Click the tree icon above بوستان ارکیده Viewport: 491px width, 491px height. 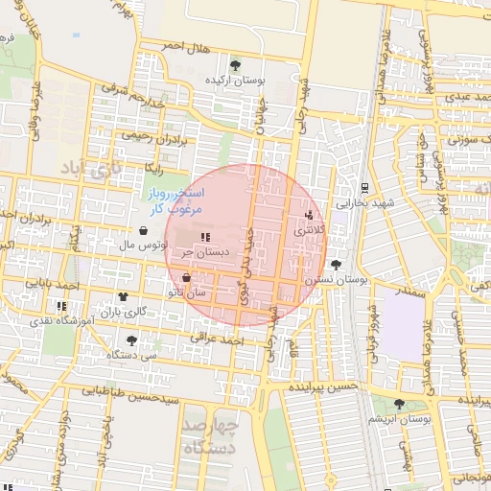[x=235, y=65]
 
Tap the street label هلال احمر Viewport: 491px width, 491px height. [x=186, y=46]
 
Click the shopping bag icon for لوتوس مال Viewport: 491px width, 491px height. [x=143, y=231]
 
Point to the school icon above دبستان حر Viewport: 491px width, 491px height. [x=203, y=237]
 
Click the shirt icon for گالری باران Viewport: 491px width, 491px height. [x=122, y=297]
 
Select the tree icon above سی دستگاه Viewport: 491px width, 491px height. [x=131, y=339]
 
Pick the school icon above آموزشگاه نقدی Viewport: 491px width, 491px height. [x=61, y=306]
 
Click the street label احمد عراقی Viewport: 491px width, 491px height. [x=213, y=339]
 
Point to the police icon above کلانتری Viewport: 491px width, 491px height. [x=308, y=216]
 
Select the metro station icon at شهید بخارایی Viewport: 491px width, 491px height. [x=364, y=188]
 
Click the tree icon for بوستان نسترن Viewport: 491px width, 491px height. [x=335, y=265]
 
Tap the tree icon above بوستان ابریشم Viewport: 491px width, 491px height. [x=401, y=405]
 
